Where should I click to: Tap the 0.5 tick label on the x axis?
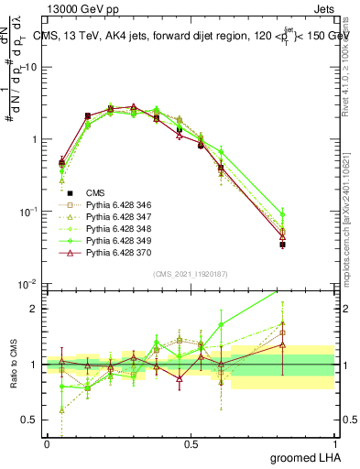(x=191, y=444)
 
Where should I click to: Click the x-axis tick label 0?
(x=47, y=444)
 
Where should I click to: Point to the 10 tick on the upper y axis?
(x=29, y=68)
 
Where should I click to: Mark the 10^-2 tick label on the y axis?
(x=27, y=284)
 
